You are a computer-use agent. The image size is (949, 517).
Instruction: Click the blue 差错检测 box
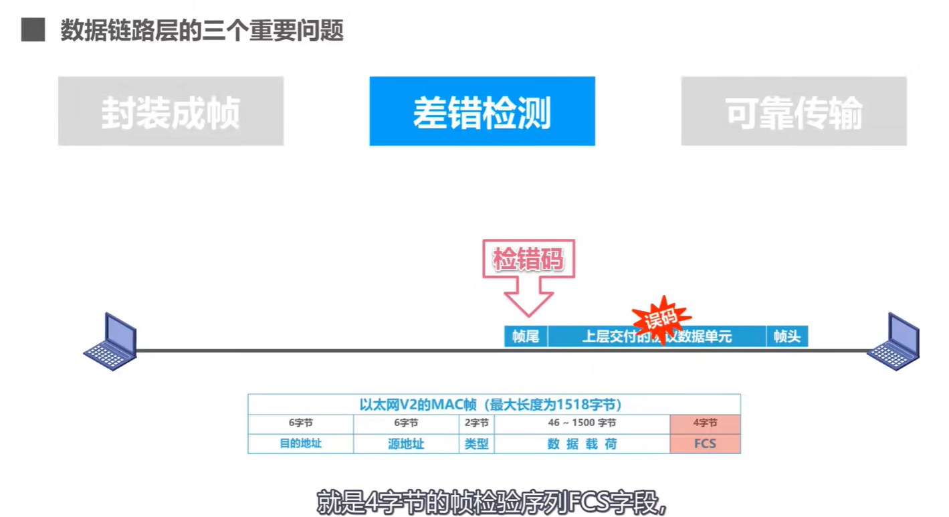tap(482, 111)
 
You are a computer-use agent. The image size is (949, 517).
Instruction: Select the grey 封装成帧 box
tap(171, 111)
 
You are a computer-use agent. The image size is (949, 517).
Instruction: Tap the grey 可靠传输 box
tap(793, 111)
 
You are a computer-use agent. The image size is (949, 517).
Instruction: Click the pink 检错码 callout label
tap(528, 259)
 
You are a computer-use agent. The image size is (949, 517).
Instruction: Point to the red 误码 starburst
tap(661, 317)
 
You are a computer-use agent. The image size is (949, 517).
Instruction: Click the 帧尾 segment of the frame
tap(526, 336)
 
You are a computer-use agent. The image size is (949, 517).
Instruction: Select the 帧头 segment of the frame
tap(787, 336)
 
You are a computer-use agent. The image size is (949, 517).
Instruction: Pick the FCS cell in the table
tap(705, 443)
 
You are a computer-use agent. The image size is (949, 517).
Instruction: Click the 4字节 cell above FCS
tap(705, 423)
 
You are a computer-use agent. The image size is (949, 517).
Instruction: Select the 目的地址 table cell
tap(300, 443)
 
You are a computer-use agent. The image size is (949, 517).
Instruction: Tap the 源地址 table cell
tap(406, 443)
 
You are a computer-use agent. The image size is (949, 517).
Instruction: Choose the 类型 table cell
tap(476, 443)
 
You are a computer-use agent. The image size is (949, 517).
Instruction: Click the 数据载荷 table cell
tap(582, 443)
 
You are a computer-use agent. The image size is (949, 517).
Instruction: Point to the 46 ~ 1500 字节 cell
tap(582, 423)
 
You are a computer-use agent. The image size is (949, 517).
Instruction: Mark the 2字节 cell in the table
tap(476, 423)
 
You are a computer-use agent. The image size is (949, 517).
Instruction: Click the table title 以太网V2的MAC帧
tap(494, 405)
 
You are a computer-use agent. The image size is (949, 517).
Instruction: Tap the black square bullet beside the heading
tap(33, 29)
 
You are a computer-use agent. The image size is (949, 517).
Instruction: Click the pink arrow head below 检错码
tap(528, 304)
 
